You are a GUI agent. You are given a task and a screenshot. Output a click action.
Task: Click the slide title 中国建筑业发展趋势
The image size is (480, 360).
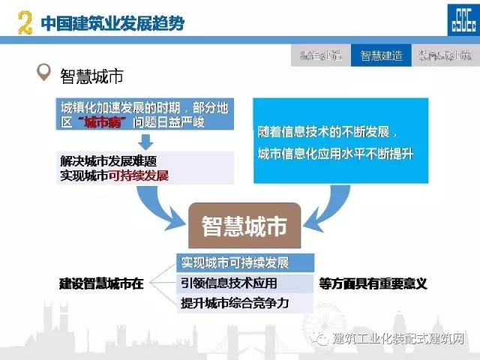(x=112, y=23)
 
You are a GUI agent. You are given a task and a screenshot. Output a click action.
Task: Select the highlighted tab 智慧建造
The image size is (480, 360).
(x=381, y=55)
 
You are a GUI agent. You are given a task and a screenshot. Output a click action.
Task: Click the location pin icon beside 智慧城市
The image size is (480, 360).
(x=43, y=74)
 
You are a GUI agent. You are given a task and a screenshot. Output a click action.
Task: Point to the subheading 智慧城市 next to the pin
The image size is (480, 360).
(x=91, y=75)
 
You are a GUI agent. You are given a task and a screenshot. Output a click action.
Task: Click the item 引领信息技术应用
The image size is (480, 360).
(x=229, y=283)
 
